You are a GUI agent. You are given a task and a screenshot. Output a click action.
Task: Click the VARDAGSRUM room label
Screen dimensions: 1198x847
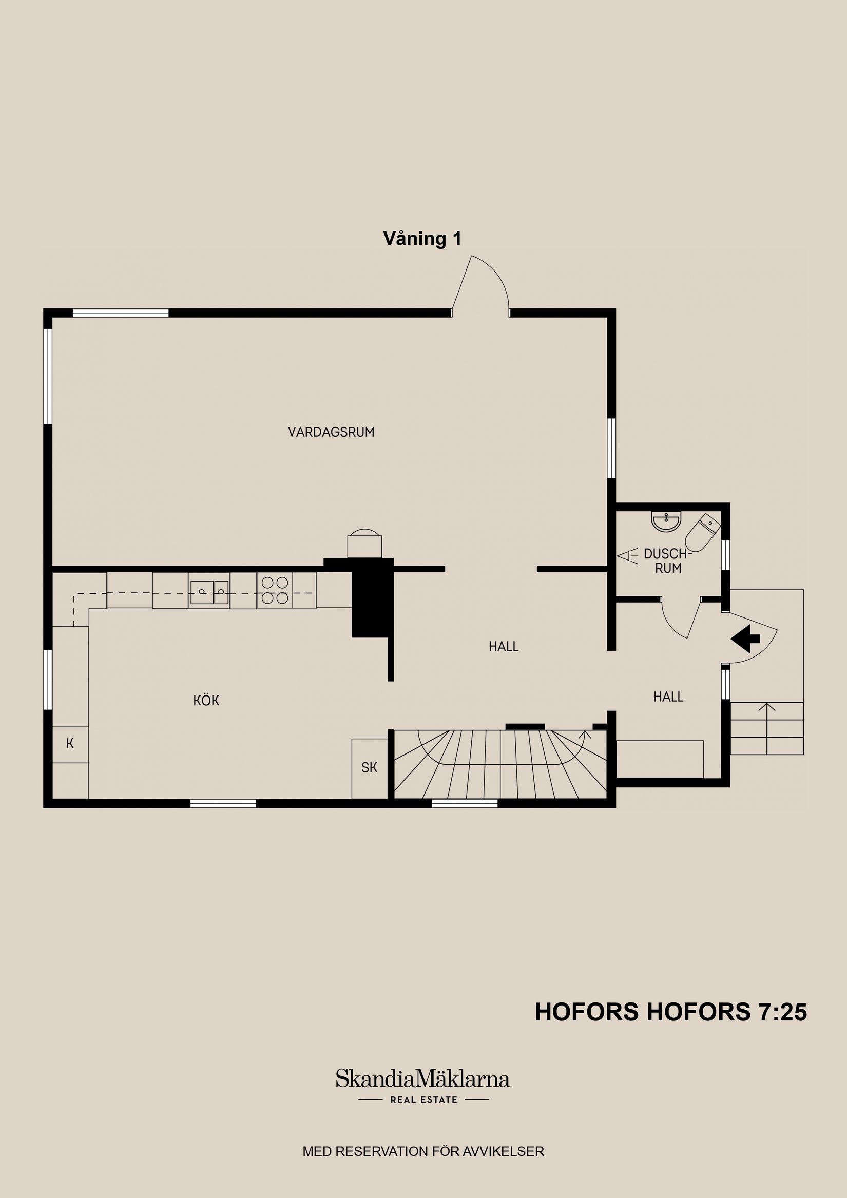(331, 432)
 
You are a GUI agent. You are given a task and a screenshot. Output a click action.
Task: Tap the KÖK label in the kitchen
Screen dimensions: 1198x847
(206, 701)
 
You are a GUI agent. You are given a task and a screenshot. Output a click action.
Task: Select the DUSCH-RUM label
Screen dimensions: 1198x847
(667, 561)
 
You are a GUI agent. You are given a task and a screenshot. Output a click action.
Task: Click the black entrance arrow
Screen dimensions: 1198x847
(745, 638)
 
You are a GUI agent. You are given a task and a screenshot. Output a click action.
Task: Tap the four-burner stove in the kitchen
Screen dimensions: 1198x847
(275, 590)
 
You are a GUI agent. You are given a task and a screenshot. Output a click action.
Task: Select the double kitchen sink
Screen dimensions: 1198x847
(209, 592)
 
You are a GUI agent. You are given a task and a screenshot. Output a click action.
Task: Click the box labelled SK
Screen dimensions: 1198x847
(369, 767)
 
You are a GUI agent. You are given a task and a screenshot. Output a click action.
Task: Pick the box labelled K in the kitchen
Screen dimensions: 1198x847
(70, 744)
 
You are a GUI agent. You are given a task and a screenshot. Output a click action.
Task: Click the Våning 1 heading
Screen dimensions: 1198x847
(422, 239)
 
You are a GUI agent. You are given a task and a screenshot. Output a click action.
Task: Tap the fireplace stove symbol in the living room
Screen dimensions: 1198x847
(365, 544)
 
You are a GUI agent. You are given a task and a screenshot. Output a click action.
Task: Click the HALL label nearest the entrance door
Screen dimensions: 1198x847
(668, 697)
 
